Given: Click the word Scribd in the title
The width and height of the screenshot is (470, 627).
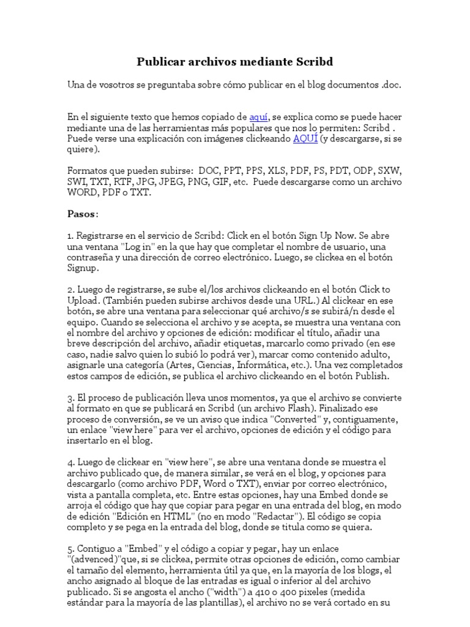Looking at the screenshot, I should [313, 62].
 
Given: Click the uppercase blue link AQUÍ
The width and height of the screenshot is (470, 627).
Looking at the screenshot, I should [305, 138].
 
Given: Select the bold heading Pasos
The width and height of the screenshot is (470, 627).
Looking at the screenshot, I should [81, 214].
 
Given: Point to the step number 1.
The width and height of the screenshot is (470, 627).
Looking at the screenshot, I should [70, 236].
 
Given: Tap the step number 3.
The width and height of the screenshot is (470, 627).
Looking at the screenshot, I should [70, 397].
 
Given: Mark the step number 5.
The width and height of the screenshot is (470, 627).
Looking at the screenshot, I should [70, 549].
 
